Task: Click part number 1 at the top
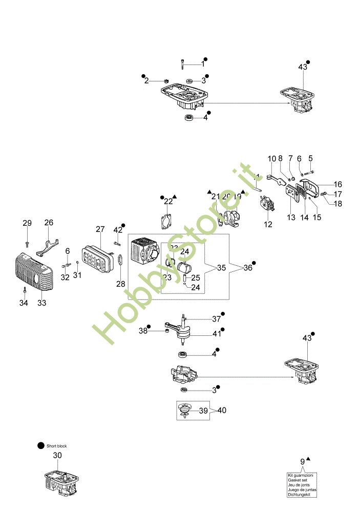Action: tap(202, 65)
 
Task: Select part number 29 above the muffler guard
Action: tap(27, 223)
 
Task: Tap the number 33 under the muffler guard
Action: tap(42, 303)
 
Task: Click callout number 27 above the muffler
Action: tap(100, 229)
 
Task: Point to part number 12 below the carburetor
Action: tap(268, 224)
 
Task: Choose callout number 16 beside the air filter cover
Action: tap(337, 184)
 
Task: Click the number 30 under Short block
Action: tap(58, 455)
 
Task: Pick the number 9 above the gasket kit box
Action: tap(302, 462)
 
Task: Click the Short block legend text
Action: tap(57, 446)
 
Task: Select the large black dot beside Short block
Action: tap(41, 446)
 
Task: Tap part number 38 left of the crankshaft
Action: tap(143, 331)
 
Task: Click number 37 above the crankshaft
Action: tap(217, 319)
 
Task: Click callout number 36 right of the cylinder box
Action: tap(247, 268)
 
